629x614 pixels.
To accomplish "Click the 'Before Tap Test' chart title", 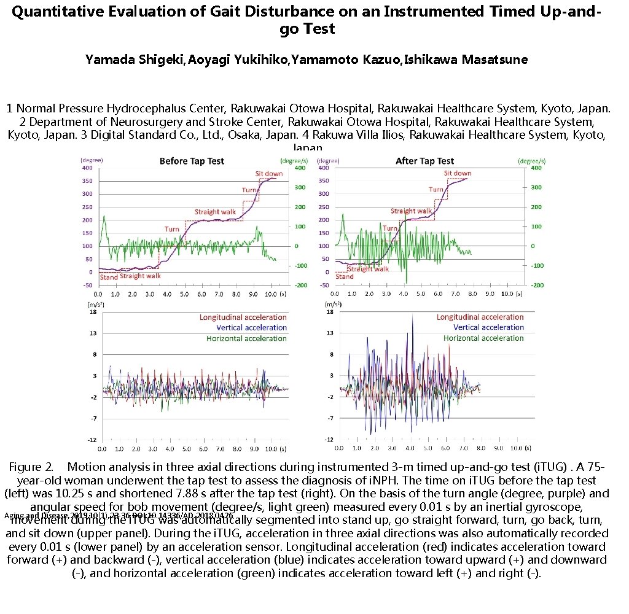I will [x=192, y=161].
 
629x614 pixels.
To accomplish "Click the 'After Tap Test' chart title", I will [x=425, y=161].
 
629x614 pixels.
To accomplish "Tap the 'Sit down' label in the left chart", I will [x=269, y=174].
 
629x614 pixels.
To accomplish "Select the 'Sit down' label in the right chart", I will [x=458, y=173].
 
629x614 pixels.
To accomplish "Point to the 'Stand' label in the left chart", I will [x=109, y=277].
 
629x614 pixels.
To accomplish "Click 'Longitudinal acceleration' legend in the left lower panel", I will [x=243, y=317].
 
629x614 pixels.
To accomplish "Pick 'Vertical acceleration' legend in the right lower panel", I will [x=485, y=328].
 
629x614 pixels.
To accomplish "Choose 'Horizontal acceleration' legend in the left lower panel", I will [x=246, y=338].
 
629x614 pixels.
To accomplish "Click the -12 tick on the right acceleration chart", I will [x=329, y=440].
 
